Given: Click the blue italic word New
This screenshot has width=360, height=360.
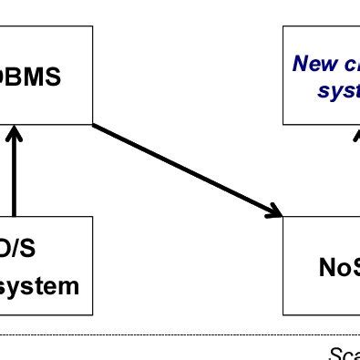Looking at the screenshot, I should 313,65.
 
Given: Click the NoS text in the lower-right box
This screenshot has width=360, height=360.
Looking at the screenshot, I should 338,266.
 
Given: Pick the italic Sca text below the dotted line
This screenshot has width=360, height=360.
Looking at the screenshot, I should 343,352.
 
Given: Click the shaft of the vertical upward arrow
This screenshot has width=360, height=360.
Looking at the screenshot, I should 15,182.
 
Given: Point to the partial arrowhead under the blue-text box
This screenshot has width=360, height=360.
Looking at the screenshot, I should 356,133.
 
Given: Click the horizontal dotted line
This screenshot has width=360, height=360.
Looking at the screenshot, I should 182,334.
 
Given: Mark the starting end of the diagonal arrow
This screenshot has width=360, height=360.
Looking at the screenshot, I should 95,124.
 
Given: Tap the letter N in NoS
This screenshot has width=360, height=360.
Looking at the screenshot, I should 327,266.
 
